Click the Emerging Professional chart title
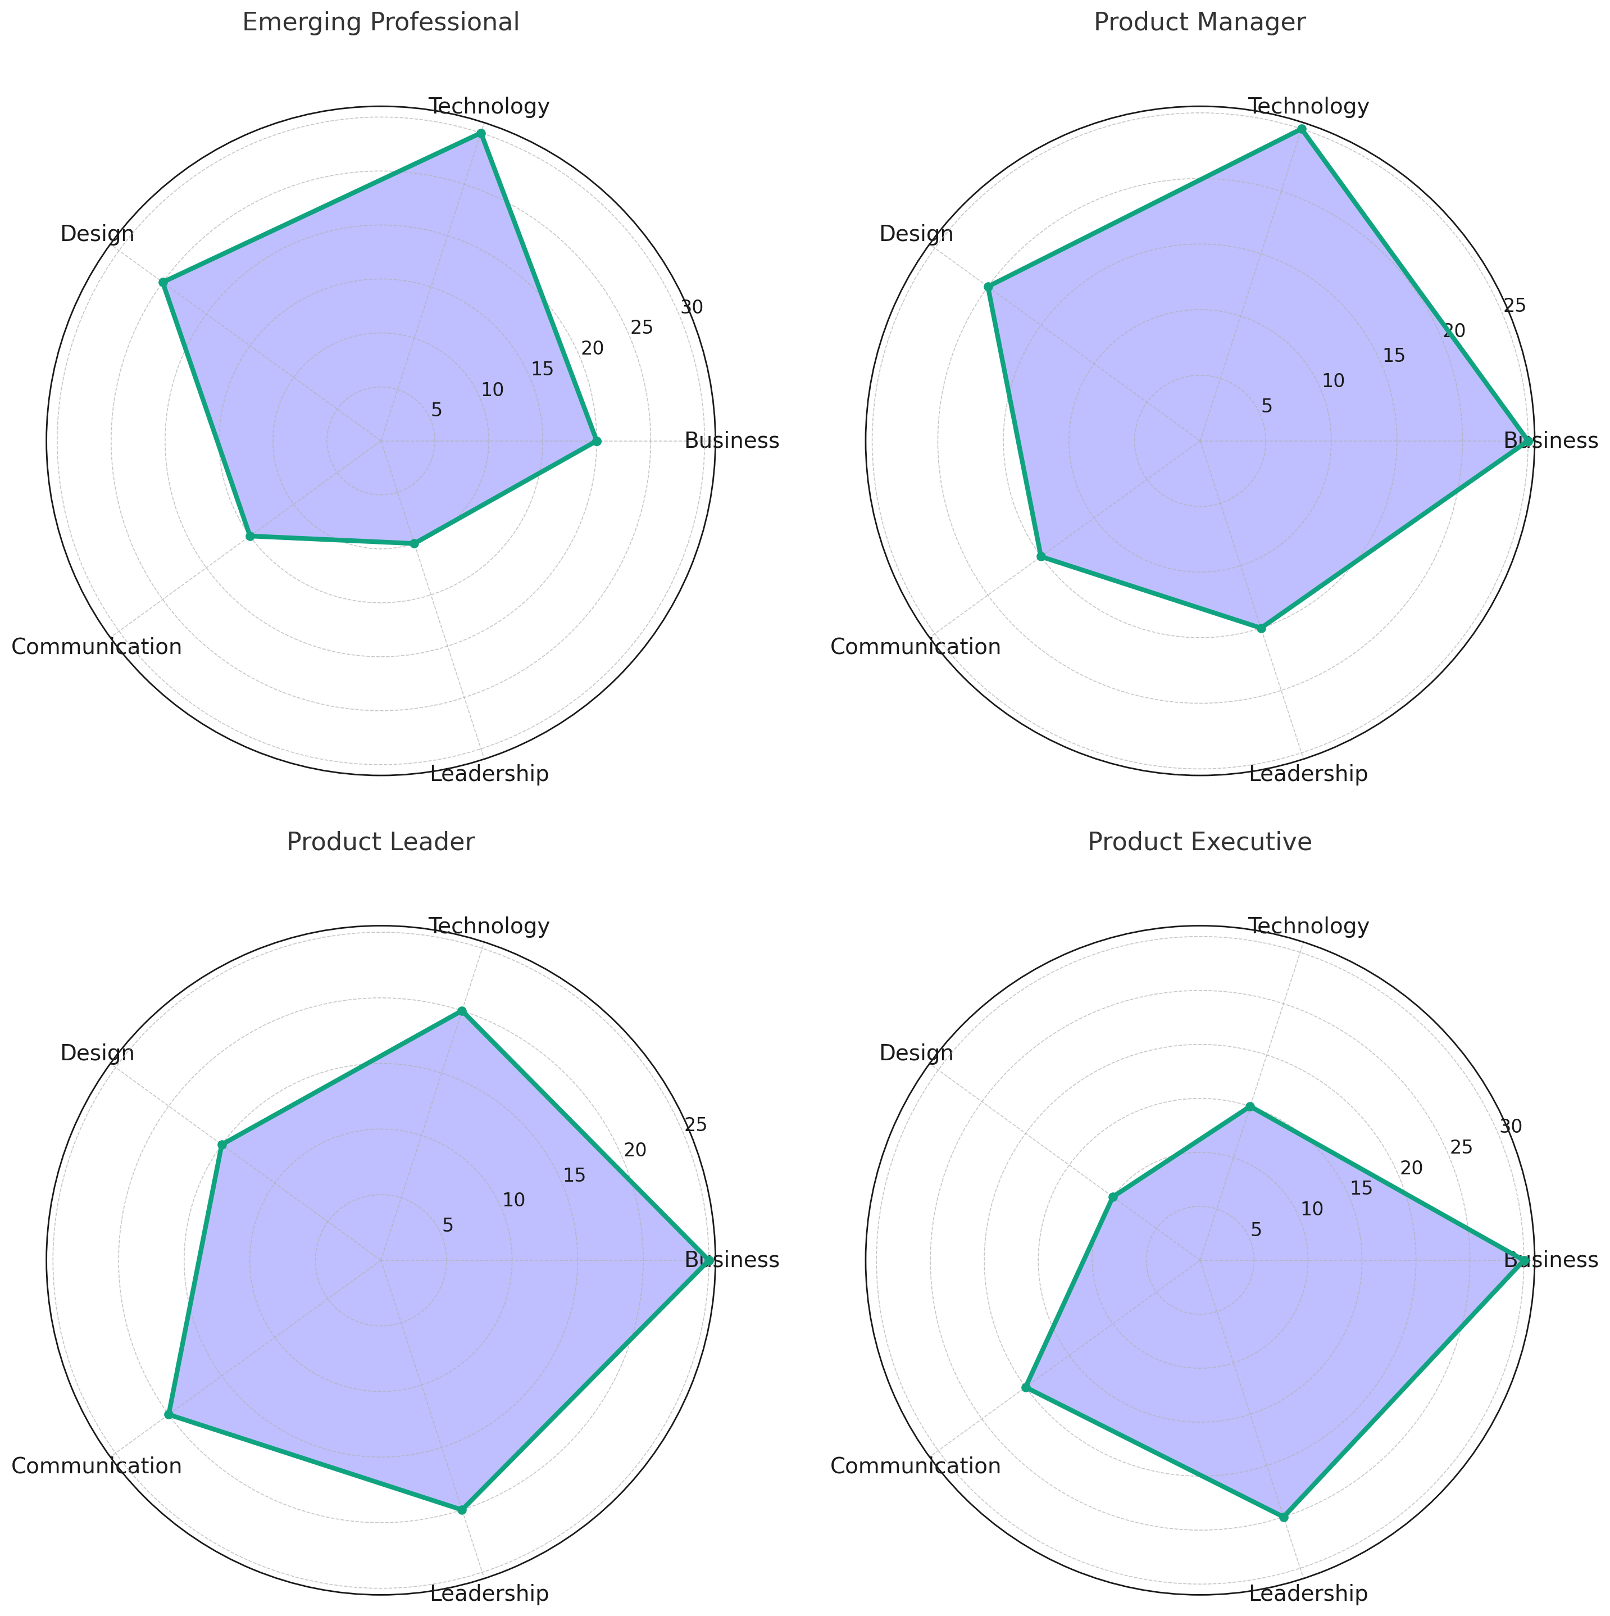click(x=380, y=22)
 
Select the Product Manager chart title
click(x=1199, y=22)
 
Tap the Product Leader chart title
click(x=380, y=842)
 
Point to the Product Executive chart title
click(x=1199, y=842)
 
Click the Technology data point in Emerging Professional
click(x=481, y=134)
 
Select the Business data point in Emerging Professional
click(x=595, y=441)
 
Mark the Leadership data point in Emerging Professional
click(x=413, y=544)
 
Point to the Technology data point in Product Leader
click(x=461, y=1012)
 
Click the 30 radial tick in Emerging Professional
click(x=691, y=307)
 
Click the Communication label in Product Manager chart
click(x=915, y=647)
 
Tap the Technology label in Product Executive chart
click(x=1309, y=927)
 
